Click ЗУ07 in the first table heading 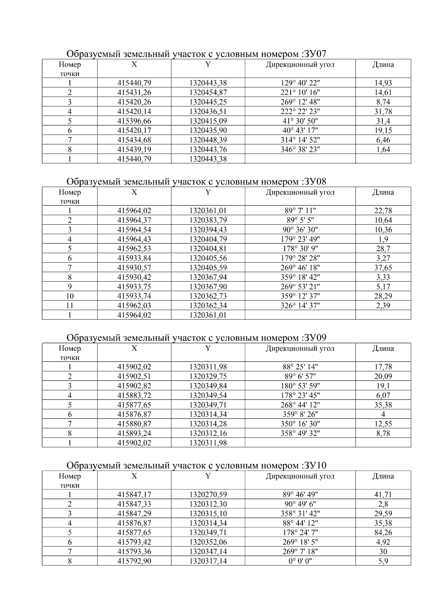click(x=315, y=54)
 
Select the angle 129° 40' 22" click(x=300, y=83)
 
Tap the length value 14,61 click(x=383, y=92)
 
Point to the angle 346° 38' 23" click(x=300, y=149)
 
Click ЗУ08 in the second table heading click(x=315, y=182)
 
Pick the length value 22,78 click(x=383, y=211)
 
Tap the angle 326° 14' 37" click(x=300, y=306)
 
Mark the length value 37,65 click(x=383, y=268)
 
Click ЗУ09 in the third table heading click(x=315, y=338)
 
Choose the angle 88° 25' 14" click(x=300, y=367)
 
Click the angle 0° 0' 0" click(x=300, y=561)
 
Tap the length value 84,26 click(x=383, y=532)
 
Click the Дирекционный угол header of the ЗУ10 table click(x=300, y=476)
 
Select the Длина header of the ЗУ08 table click(x=383, y=192)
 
